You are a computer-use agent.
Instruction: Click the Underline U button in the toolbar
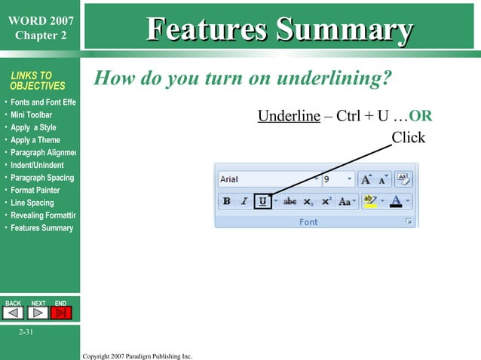coord(262,202)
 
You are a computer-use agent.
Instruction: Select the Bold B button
coord(226,202)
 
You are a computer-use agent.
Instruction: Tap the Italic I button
coord(244,202)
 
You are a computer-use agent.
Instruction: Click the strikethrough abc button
coord(290,202)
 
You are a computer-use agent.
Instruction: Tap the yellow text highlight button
coord(369,202)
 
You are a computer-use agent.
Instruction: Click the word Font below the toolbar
coord(308,222)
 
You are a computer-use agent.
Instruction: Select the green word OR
coord(420,117)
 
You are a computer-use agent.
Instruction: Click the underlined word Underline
coord(289,117)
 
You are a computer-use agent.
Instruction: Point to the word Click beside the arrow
coord(408,138)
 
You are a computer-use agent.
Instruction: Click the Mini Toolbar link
coord(31,115)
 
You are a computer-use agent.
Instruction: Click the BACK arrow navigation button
coord(14,313)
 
